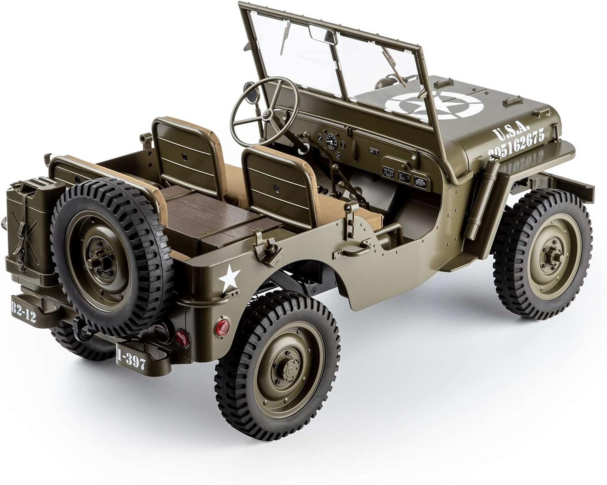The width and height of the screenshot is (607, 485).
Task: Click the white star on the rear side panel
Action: click(229, 278)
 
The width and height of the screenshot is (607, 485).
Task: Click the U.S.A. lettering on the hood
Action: click(511, 131)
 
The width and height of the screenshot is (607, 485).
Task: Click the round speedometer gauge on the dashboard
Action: click(331, 140)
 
